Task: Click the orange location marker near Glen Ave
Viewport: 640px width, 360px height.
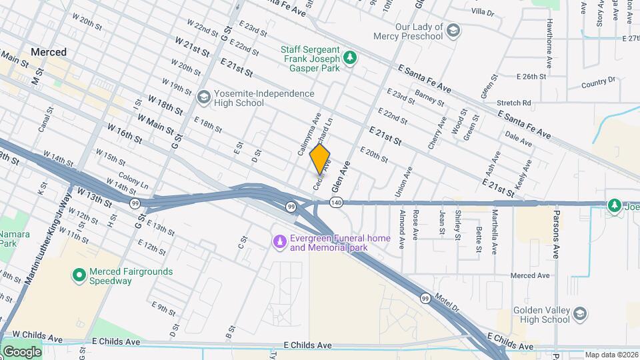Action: (x=320, y=159)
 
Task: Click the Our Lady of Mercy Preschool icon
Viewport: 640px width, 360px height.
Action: (x=453, y=31)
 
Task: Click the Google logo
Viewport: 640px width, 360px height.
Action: (x=22, y=351)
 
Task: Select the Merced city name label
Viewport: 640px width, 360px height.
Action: (x=49, y=52)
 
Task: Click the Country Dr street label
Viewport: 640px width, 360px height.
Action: (x=597, y=83)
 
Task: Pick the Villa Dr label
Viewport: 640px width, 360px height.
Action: (x=482, y=12)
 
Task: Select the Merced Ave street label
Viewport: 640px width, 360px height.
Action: (x=529, y=275)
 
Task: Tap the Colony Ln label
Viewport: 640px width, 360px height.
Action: (x=133, y=182)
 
